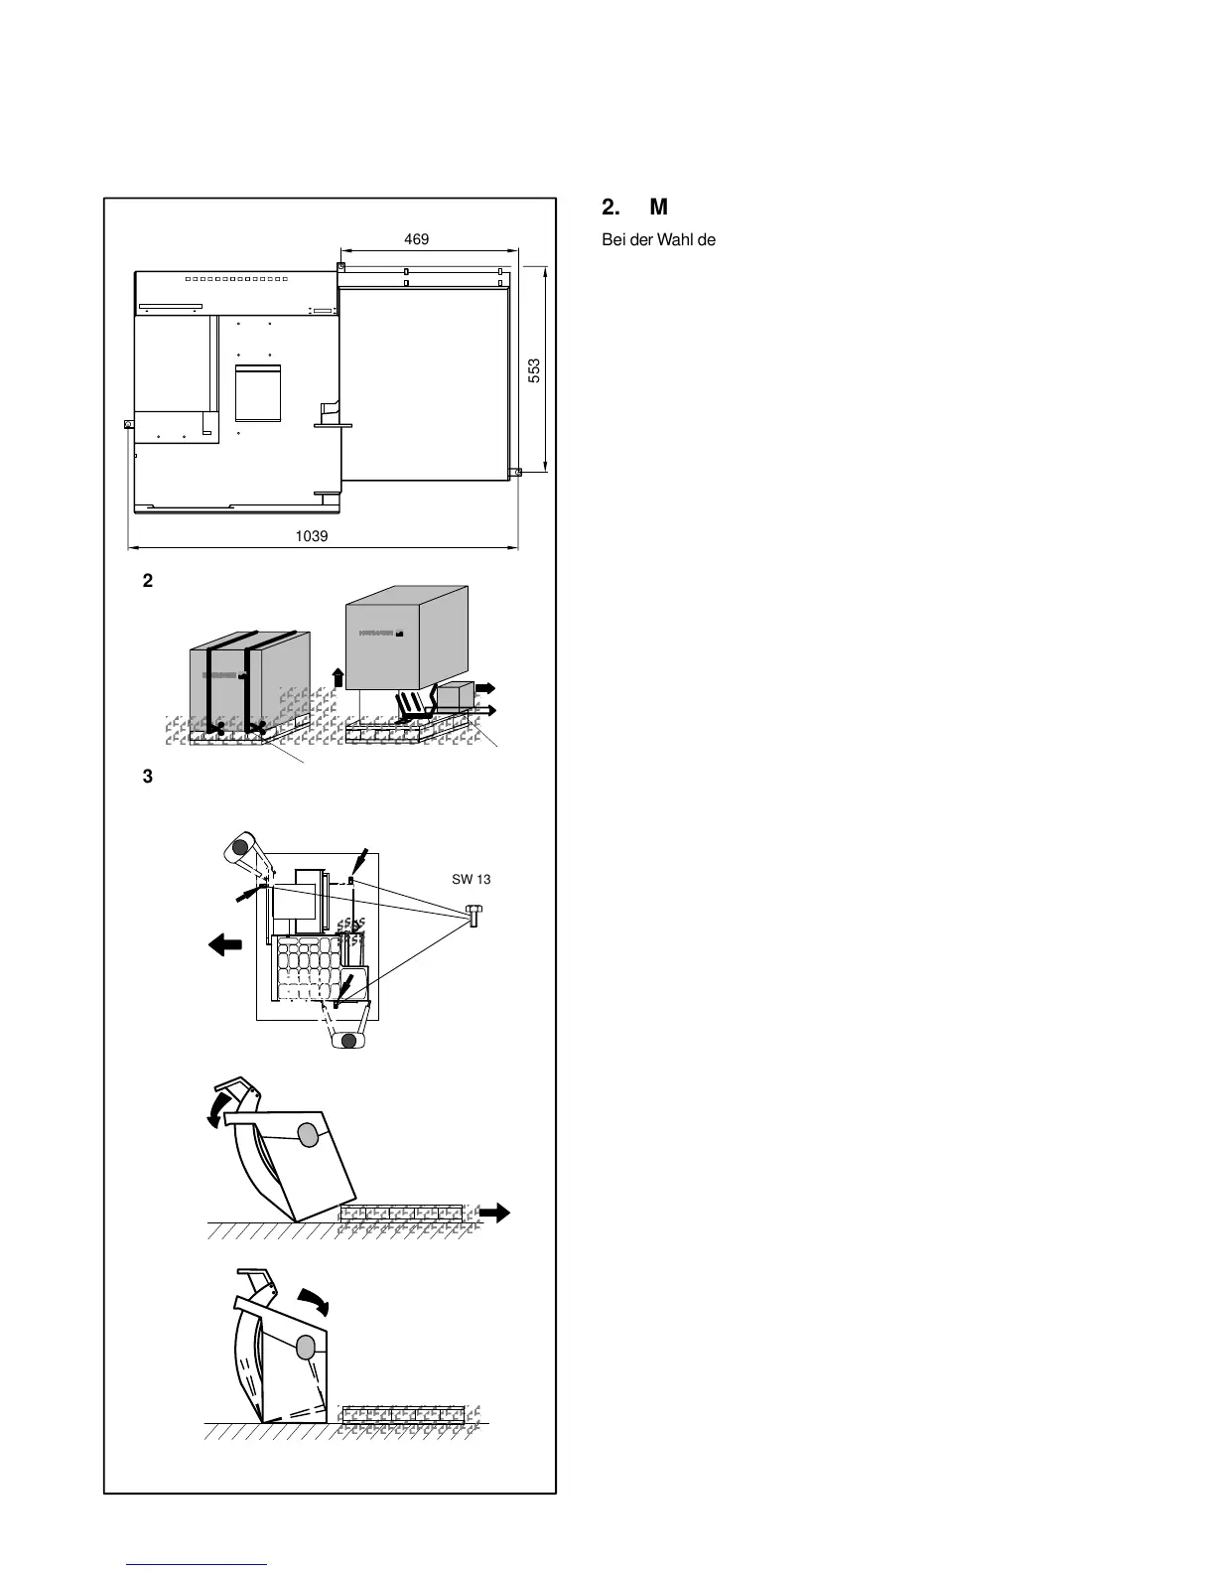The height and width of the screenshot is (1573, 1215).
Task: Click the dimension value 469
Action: [x=416, y=239]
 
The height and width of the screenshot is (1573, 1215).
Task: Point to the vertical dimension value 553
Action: [x=534, y=370]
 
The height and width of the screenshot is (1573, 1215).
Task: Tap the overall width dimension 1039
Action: [x=312, y=535]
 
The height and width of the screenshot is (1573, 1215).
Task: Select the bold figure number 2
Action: [x=148, y=582]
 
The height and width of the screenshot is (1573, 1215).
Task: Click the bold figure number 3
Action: [x=148, y=778]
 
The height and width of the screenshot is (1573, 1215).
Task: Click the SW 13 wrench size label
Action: [x=472, y=879]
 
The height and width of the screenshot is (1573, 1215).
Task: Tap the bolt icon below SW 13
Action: [x=473, y=915]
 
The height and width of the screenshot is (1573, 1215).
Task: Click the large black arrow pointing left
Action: [x=226, y=946]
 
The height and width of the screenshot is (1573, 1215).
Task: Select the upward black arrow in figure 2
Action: [x=337, y=677]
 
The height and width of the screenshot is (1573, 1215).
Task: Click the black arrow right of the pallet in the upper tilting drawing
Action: [x=494, y=1212]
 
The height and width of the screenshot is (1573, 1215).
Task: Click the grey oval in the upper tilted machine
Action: [x=308, y=1134]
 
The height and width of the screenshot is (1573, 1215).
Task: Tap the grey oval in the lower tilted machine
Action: [x=306, y=1348]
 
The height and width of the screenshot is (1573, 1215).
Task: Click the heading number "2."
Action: [x=610, y=208]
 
